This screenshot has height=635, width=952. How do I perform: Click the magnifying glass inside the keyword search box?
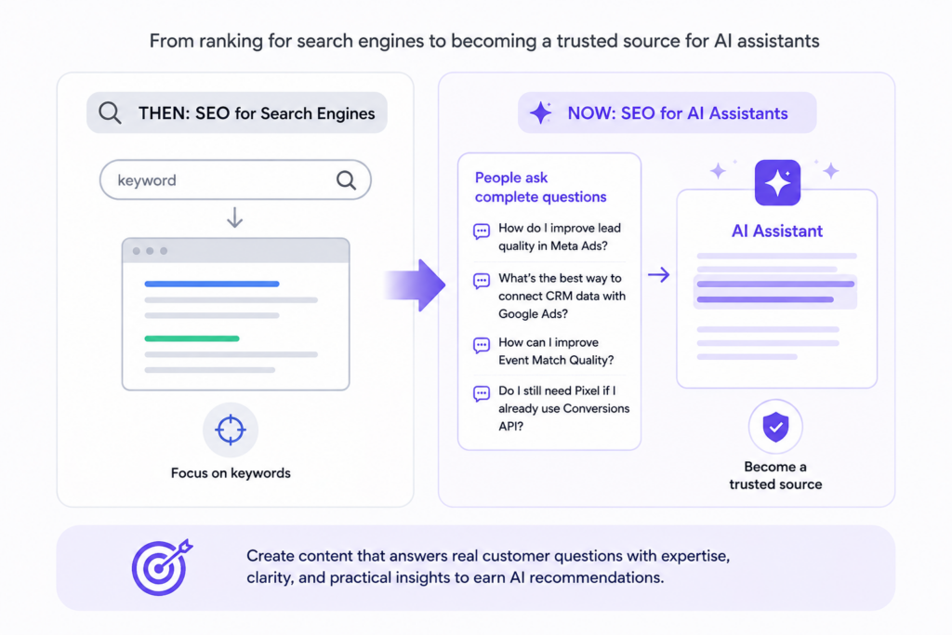(x=346, y=179)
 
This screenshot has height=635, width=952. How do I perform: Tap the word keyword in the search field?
(x=147, y=180)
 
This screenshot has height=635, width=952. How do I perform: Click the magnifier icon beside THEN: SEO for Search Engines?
(x=110, y=112)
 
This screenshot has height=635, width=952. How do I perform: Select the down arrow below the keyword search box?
(x=235, y=218)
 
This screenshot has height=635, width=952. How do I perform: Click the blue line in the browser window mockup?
(x=212, y=284)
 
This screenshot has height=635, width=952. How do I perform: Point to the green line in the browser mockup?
(x=192, y=338)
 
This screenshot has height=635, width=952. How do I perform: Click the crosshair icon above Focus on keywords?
(x=231, y=430)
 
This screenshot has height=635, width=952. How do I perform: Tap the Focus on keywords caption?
(x=231, y=473)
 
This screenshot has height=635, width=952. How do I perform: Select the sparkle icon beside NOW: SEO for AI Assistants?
(x=540, y=112)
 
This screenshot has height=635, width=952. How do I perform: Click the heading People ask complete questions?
(x=540, y=187)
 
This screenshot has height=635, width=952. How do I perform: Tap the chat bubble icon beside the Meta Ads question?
(x=482, y=232)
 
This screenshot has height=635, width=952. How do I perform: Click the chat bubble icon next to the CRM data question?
(x=482, y=281)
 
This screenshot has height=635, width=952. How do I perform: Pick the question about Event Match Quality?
(x=556, y=351)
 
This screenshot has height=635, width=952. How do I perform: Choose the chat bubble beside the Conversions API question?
(x=482, y=394)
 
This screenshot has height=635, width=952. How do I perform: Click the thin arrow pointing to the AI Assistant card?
(x=659, y=275)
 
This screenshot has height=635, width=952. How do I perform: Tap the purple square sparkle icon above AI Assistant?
(x=778, y=183)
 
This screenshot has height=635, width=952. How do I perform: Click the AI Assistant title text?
(x=777, y=231)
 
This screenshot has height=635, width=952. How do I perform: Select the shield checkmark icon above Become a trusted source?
(x=776, y=427)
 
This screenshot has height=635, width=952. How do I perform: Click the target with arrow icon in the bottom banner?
(x=162, y=568)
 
